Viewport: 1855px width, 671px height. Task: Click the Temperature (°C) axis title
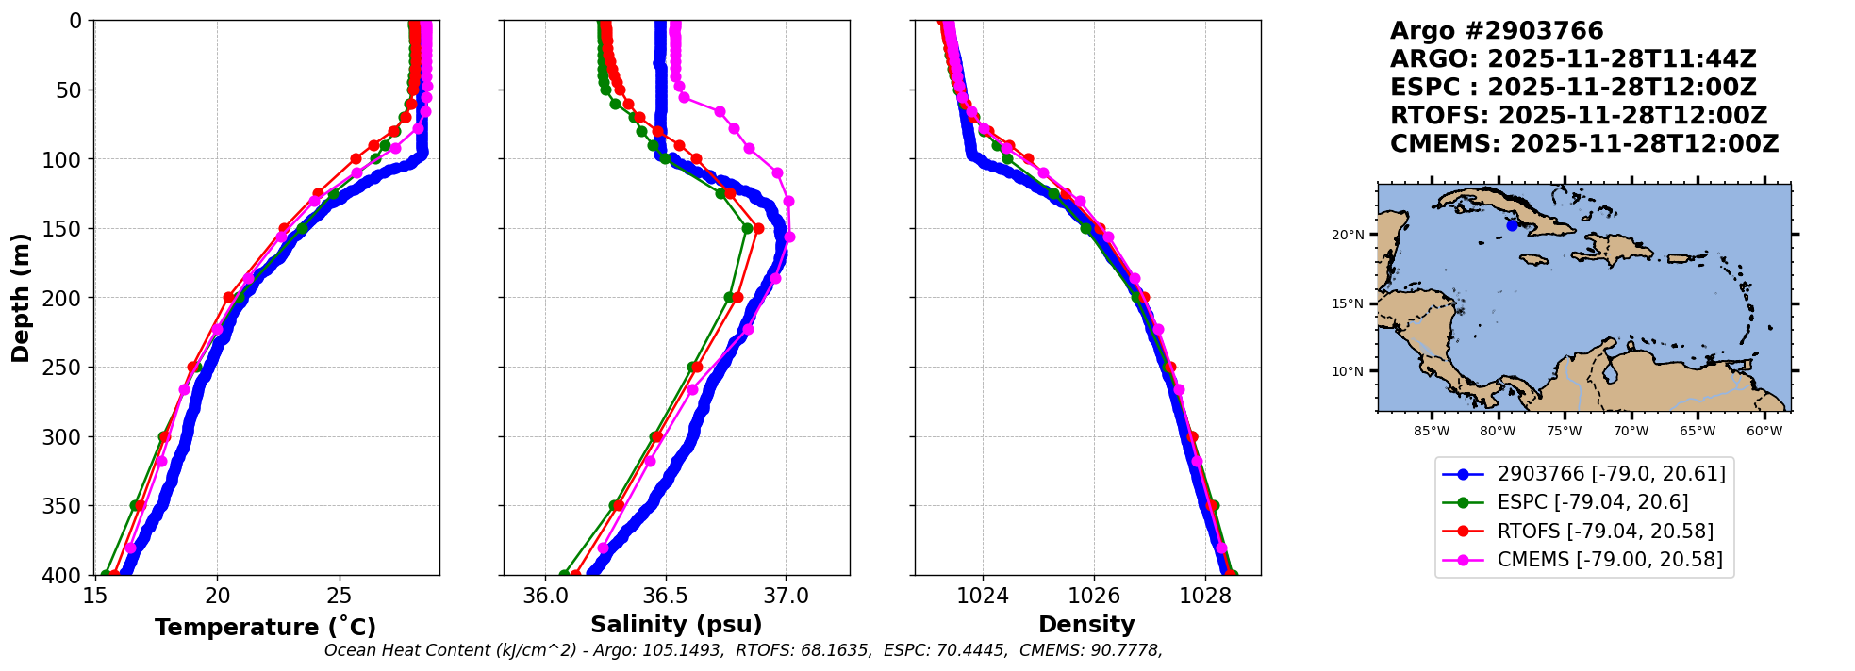(x=265, y=627)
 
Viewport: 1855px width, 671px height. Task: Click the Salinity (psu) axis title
(x=676, y=625)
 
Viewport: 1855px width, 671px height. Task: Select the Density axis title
(x=1086, y=625)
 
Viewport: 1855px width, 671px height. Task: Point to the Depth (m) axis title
(x=20, y=297)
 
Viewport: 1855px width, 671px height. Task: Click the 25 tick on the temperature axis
(x=340, y=596)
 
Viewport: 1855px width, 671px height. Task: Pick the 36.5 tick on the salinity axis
(x=666, y=596)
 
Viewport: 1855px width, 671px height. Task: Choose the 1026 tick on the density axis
(x=1094, y=596)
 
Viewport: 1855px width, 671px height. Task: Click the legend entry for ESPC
(x=1592, y=502)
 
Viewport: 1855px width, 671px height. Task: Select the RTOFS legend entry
(x=1605, y=532)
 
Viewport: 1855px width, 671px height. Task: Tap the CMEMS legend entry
(x=1609, y=560)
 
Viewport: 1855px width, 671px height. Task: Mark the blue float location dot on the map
(x=1512, y=225)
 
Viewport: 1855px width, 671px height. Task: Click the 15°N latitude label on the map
(x=1348, y=303)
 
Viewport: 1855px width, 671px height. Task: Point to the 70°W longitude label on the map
(x=1631, y=432)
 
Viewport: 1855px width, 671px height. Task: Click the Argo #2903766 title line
(x=1497, y=31)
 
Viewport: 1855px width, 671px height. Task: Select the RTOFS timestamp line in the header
(x=1579, y=116)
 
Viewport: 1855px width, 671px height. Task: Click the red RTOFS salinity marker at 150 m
(x=758, y=228)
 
